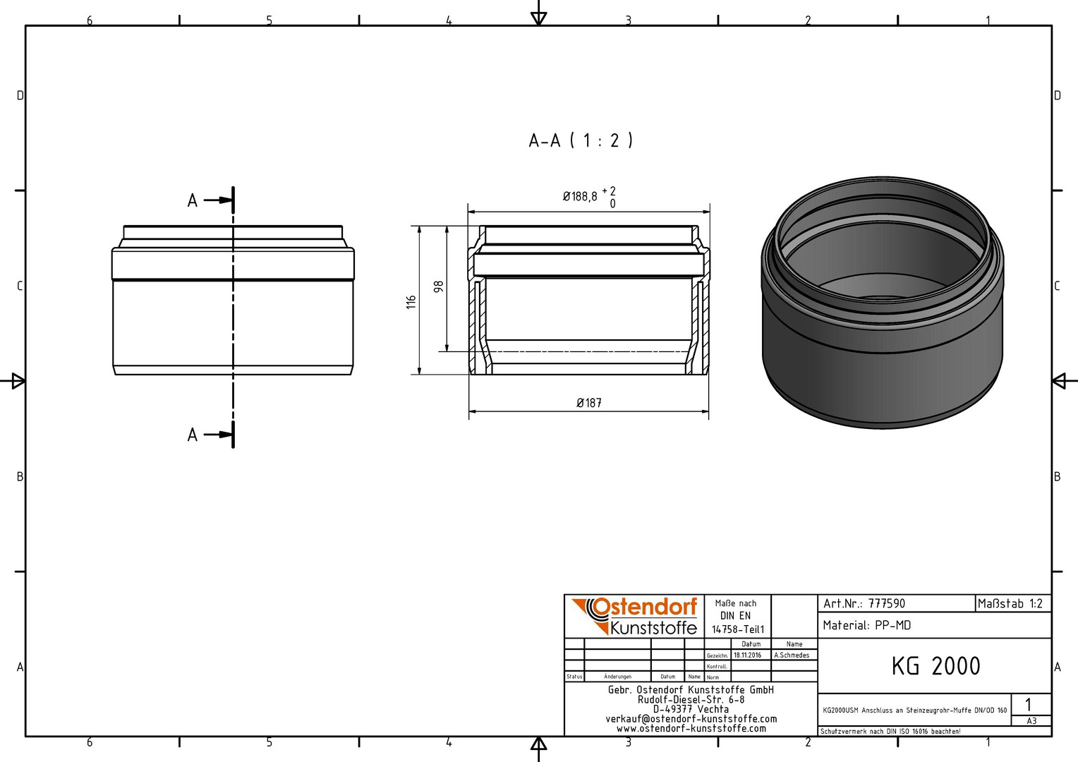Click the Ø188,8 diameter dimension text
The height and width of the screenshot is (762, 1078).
(x=580, y=196)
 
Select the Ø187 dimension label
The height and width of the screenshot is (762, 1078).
(x=589, y=403)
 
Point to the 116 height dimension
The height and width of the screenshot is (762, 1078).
(x=411, y=302)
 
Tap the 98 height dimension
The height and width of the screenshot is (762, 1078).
(x=438, y=286)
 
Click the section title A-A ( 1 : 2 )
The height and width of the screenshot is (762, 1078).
(x=581, y=140)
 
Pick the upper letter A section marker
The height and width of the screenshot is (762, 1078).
(x=193, y=200)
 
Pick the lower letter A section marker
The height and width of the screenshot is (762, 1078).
(x=193, y=435)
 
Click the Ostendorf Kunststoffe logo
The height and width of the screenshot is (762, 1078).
(x=635, y=616)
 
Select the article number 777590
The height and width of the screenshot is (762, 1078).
(x=887, y=604)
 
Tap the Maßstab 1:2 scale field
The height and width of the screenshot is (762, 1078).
(x=1010, y=604)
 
